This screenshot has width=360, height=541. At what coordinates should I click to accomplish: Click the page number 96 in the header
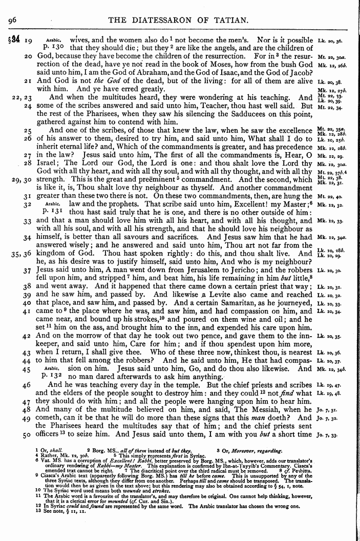pyautogui.click(x=13, y=20)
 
